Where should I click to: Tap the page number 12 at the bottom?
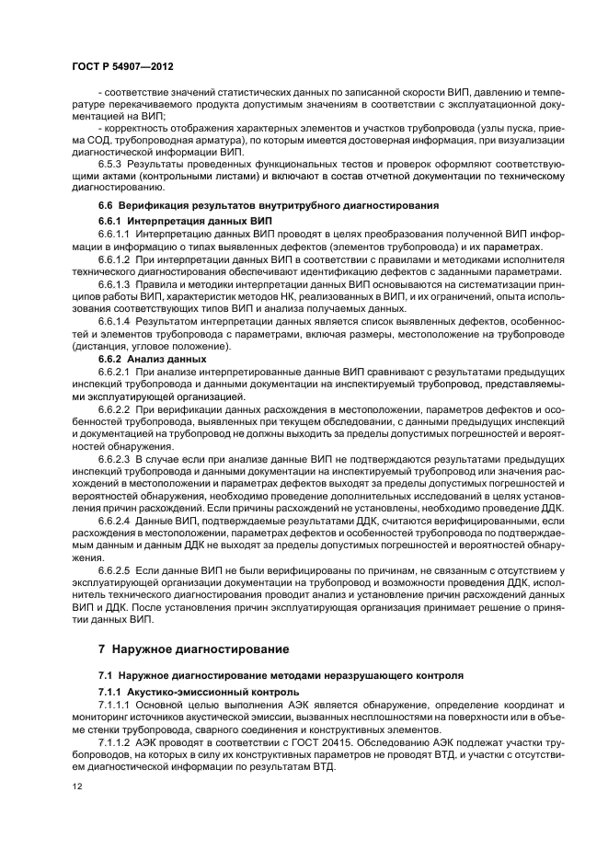pyautogui.click(x=76, y=786)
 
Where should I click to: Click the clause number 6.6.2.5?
pyautogui.click(x=115, y=569)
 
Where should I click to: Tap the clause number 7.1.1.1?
pyautogui.click(x=115, y=703)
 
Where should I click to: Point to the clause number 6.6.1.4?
pyautogui.click(x=115, y=322)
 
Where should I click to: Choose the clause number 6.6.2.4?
pyautogui.click(x=115, y=522)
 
